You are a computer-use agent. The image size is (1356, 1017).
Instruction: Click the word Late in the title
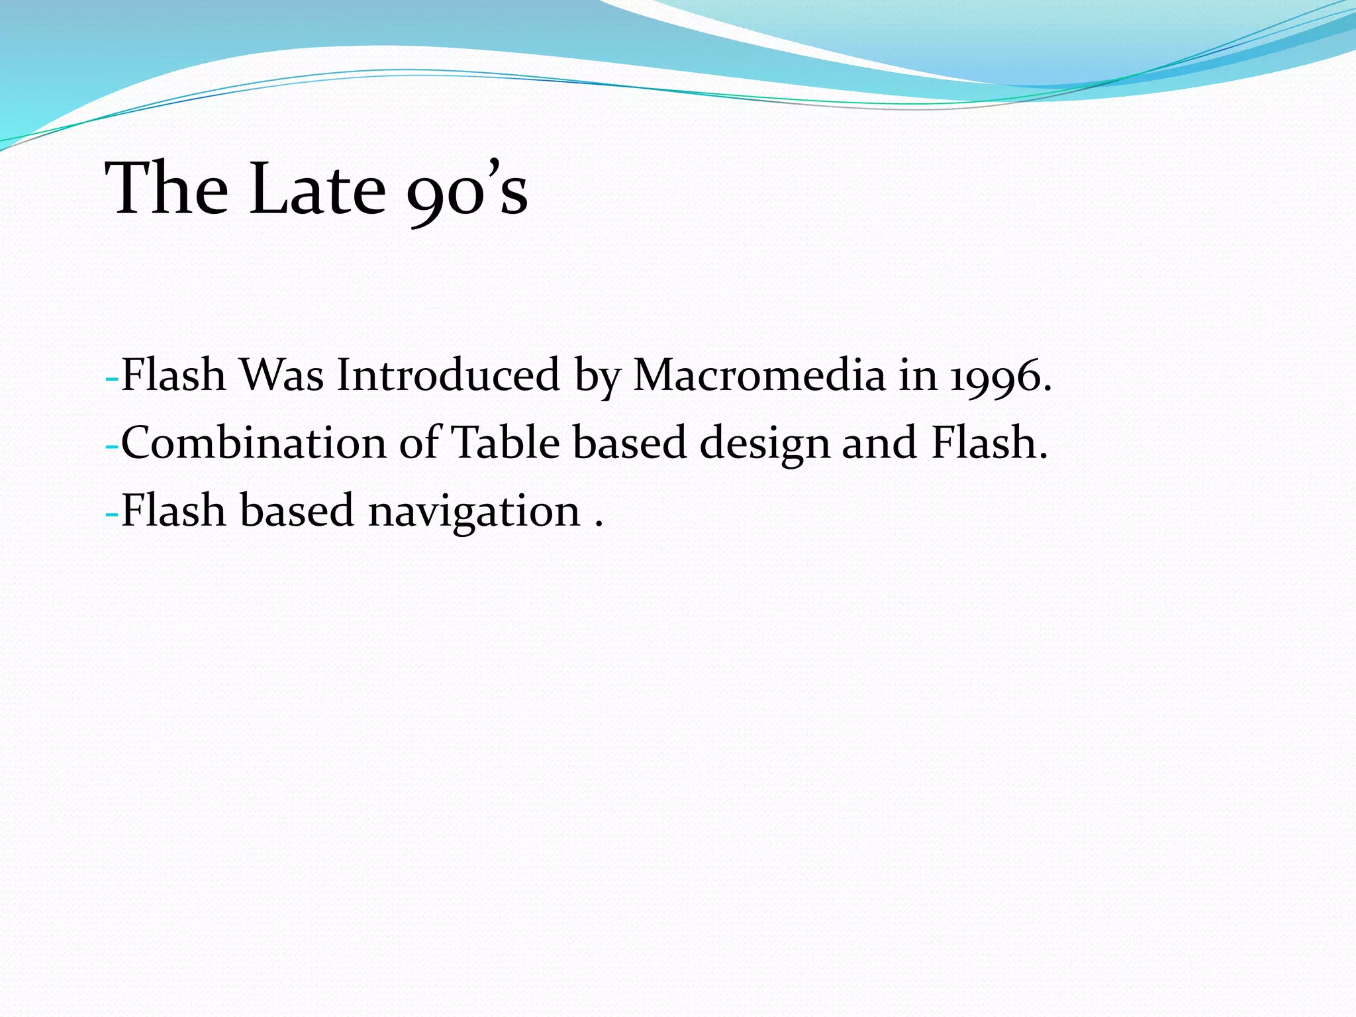pyautogui.click(x=316, y=189)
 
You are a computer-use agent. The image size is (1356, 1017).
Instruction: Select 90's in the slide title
pyautogui.click(x=467, y=192)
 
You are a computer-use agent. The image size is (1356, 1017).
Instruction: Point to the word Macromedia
pyautogui.click(x=759, y=376)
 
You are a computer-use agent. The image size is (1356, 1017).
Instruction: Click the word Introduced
pyautogui.click(x=448, y=376)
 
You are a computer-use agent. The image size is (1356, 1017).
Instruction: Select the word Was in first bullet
pyautogui.click(x=281, y=376)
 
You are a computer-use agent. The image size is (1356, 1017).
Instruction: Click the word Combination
pyautogui.click(x=252, y=444)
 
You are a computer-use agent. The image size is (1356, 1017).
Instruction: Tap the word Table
pyautogui.click(x=505, y=444)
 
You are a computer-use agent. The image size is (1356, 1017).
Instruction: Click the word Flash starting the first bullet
pyautogui.click(x=173, y=376)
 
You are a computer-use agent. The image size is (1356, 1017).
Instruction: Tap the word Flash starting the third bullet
pyautogui.click(x=173, y=511)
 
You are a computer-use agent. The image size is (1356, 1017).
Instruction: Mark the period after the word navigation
pyautogui.click(x=599, y=525)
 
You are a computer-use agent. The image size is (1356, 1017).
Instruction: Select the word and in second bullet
pyautogui.click(x=879, y=444)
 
